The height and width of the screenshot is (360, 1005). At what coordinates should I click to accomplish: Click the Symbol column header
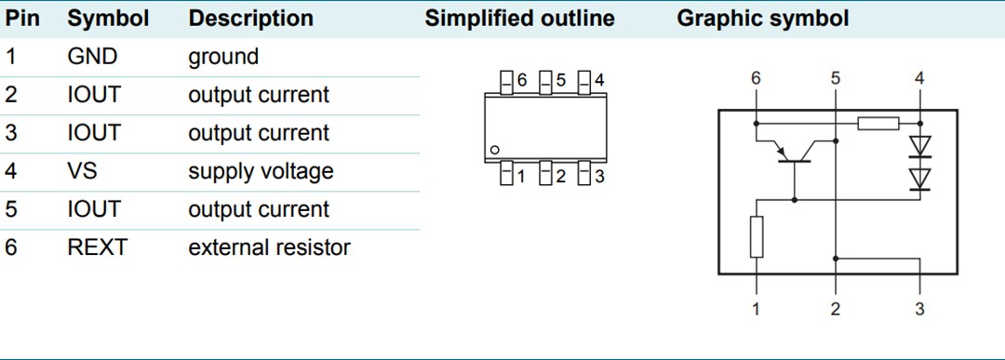point(108,19)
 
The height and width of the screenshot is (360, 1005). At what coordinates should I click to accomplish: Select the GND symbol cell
point(92,57)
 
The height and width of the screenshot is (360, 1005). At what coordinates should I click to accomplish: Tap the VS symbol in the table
point(82,171)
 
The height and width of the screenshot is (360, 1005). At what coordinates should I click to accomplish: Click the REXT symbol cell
point(97,247)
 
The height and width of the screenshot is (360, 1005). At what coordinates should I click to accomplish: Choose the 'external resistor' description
point(269,247)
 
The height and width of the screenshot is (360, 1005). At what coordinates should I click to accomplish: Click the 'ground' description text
point(223,57)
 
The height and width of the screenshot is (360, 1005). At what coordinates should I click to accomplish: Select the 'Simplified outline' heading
point(519,19)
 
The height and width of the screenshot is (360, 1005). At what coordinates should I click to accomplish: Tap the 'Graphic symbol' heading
point(762,19)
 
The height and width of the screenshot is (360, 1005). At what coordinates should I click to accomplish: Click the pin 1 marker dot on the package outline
point(496,149)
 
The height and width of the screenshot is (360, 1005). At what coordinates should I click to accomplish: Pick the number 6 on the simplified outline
point(522,81)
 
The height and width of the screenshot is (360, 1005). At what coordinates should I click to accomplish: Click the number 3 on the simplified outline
point(598,176)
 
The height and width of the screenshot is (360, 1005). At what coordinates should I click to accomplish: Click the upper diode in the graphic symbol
point(919,145)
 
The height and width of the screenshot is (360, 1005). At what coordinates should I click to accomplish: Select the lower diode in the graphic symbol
point(919,177)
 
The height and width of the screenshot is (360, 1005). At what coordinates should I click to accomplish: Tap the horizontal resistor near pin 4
point(878,123)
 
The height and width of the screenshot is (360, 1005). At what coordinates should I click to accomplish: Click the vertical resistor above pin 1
point(756,236)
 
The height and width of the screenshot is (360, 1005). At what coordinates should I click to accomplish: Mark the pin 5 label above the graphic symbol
point(836,79)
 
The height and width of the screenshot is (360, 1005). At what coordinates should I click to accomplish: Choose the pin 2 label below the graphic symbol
point(836,309)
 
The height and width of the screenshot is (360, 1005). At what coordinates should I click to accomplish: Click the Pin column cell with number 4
point(11,171)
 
